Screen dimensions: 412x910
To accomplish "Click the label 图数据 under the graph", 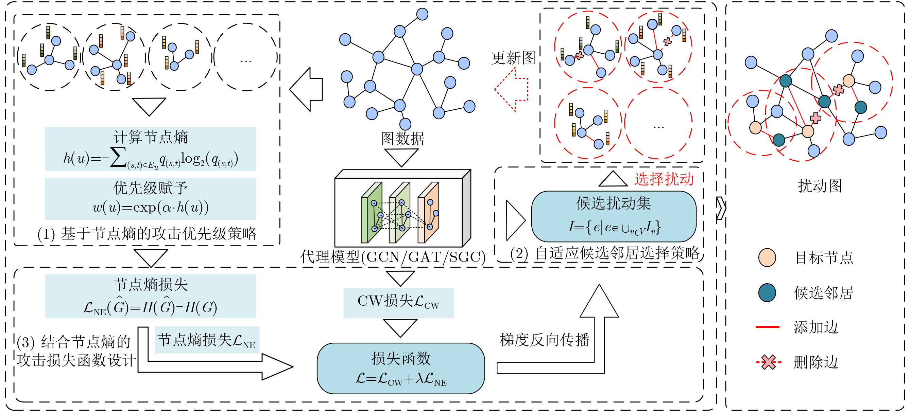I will (x=402, y=138).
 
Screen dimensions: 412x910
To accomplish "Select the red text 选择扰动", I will (x=664, y=179).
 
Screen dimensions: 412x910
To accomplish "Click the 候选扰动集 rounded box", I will (x=613, y=216).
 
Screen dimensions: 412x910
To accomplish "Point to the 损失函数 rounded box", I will (x=400, y=368).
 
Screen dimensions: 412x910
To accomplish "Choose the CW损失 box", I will (x=398, y=302).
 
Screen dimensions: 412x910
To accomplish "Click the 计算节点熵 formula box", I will (x=150, y=149).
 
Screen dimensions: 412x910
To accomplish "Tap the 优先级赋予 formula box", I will (x=150, y=198).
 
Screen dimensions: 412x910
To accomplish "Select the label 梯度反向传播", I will (x=544, y=340).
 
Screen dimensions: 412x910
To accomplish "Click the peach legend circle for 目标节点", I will (x=767, y=257).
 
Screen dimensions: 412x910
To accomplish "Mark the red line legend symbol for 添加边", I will (x=767, y=327).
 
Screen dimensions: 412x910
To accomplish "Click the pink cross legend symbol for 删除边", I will (x=768, y=362).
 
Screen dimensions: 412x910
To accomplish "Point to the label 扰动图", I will (x=820, y=186).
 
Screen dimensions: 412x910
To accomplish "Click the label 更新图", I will (x=513, y=58).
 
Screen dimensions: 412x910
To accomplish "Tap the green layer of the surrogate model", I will (x=371, y=213).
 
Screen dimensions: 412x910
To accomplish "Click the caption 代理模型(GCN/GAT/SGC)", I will (x=393, y=257).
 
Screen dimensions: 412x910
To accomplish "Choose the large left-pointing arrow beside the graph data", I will (x=306, y=89).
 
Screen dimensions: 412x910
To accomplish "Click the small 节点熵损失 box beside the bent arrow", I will (x=207, y=340).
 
